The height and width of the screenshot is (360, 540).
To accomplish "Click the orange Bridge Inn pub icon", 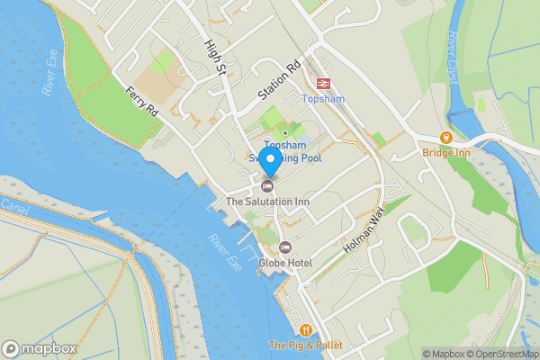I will point(445,138).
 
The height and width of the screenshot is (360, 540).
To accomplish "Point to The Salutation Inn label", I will point(267,202).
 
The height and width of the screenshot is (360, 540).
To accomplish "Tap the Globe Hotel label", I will point(284,263).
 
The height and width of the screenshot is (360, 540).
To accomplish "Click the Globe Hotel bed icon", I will point(285,247).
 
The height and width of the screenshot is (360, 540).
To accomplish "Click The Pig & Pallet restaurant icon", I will point(307,330).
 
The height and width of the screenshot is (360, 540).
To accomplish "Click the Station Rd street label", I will point(279,80).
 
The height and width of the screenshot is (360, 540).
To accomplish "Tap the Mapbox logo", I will point(40,348).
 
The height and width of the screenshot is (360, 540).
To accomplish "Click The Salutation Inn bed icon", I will point(267,186).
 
